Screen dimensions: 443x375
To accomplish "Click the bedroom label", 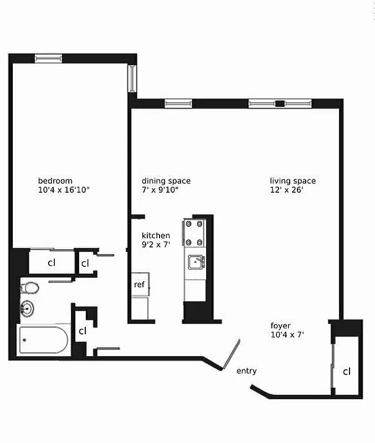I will pyautogui.click(x=55, y=181).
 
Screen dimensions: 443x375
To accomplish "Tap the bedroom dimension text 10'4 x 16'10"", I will pyautogui.click(x=64, y=190).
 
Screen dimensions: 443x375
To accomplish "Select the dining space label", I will pyautogui.click(x=166, y=181).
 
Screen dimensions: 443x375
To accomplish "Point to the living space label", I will pyautogui.click(x=292, y=181).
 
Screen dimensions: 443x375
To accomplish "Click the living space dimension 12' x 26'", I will pyautogui.click(x=286, y=190).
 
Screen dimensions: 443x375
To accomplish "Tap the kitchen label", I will pyautogui.click(x=156, y=235).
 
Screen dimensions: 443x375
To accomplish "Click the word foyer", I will pyautogui.click(x=280, y=326).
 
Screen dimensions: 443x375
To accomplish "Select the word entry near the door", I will pyautogui.click(x=246, y=371).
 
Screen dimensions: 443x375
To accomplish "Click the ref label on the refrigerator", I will pyautogui.click(x=139, y=285).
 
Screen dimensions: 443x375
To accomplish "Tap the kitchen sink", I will pyautogui.click(x=196, y=262).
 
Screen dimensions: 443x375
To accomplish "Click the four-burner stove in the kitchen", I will pyautogui.click(x=194, y=233).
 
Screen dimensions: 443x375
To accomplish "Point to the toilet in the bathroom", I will pyautogui.click(x=30, y=288).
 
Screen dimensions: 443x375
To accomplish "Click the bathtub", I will pyautogui.click(x=43, y=340).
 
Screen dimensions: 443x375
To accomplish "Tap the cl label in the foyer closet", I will pyautogui.click(x=346, y=372).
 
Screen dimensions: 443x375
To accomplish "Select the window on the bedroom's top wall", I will pyautogui.click(x=48, y=58).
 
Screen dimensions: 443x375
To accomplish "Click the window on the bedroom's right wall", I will pyautogui.click(x=132, y=79).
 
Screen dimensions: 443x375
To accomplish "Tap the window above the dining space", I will pyautogui.click(x=178, y=103).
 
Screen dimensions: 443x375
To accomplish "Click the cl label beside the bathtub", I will pyautogui.click(x=82, y=331).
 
